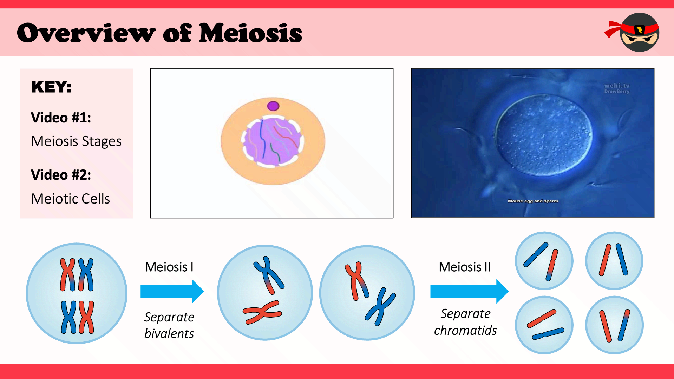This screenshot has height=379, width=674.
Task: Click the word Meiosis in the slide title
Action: (250, 33)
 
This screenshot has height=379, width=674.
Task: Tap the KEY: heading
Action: (51, 87)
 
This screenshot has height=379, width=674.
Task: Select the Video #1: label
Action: (61, 118)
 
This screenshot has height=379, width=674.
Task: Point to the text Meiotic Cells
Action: (71, 199)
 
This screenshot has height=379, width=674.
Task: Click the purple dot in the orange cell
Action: (273, 106)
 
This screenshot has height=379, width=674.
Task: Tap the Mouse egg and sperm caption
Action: (532, 201)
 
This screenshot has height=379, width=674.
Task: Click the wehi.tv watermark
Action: (617, 86)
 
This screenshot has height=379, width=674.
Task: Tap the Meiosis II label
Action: (465, 267)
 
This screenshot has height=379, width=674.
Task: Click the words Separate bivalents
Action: (169, 325)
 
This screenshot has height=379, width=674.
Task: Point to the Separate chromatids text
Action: (465, 322)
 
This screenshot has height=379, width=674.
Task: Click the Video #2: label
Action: (61, 175)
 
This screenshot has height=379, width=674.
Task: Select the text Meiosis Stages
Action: (76, 141)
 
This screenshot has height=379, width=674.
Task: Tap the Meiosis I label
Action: (169, 267)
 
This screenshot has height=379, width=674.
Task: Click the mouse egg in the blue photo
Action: (544, 135)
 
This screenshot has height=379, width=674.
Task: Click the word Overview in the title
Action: (86, 33)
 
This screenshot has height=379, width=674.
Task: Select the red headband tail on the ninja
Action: (613, 29)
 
